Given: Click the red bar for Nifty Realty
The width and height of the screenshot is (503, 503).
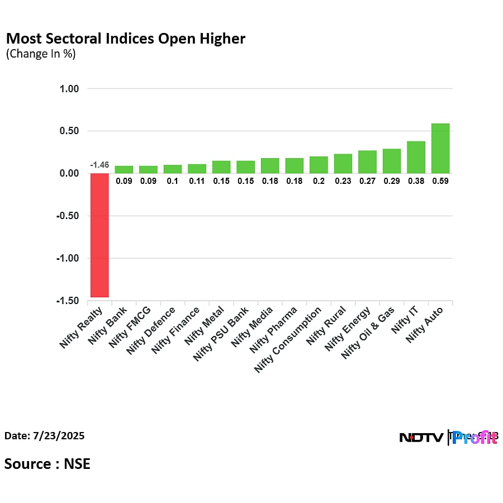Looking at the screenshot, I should point(99,235).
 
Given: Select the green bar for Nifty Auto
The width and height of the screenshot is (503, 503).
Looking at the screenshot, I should point(440,148).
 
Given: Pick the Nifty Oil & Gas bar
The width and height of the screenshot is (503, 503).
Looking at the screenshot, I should point(392,161).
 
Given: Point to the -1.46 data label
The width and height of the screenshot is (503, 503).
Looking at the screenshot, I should point(99,165).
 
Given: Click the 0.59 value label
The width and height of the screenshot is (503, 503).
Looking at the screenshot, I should point(440,181).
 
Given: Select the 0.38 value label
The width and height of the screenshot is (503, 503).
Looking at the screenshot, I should point(416,181).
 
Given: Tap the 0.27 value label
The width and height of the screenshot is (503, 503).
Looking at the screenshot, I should point(367,181).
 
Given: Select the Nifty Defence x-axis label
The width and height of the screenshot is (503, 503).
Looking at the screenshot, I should point(151,329).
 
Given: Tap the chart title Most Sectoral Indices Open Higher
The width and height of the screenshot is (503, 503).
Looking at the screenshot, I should point(125,39).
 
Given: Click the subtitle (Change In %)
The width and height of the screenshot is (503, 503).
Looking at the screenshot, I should point(40,54).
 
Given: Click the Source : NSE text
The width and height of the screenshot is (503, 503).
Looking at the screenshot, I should point(48,464).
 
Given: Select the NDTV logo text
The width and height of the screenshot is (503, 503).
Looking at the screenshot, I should point(422,438).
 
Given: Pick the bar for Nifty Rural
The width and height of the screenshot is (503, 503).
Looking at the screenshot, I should point(343,163).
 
